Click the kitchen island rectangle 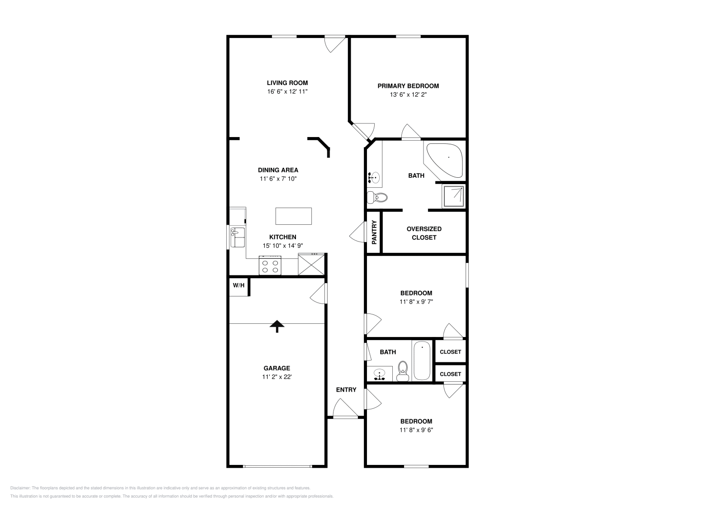point(294,216)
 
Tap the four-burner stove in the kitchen point(270,265)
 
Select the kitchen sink point(238,237)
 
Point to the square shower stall point(454,196)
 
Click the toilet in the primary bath point(377,197)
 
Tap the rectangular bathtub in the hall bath point(422,360)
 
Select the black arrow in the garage point(277,326)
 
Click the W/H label point(238,285)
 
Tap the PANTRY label point(374,232)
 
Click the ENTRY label point(346,390)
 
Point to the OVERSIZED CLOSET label point(424,233)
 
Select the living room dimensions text point(287,91)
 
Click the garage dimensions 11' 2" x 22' point(277,377)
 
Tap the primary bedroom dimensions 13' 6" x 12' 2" point(408,95)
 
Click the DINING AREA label point(278,170)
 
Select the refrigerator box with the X point(311,265)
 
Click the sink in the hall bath point(380,374)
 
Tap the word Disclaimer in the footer point(20,488)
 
